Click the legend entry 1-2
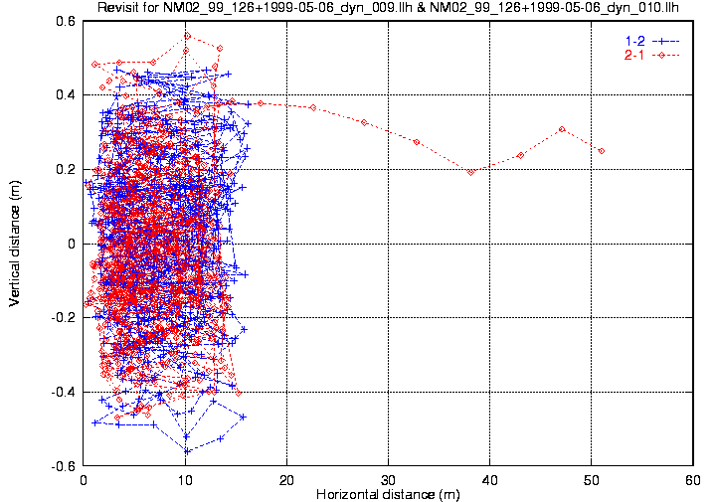coord(631,40)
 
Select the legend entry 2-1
coord(631,55)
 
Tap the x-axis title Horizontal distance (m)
coord(388,494)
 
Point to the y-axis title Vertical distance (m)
coord(15,243)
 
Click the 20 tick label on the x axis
coord(287,479)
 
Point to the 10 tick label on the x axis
coord(186,479)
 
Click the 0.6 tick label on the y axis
coord(67,21)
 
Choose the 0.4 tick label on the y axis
coord(67,95)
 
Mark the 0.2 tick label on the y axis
coord(67,169)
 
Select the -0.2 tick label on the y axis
coord(65,318)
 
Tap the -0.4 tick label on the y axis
coord(65,392)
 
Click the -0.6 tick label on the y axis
coord(65,466)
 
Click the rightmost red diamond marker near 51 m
coord(602,151)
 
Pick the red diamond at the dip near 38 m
coord(470,172)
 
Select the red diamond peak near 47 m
coord(562,129)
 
